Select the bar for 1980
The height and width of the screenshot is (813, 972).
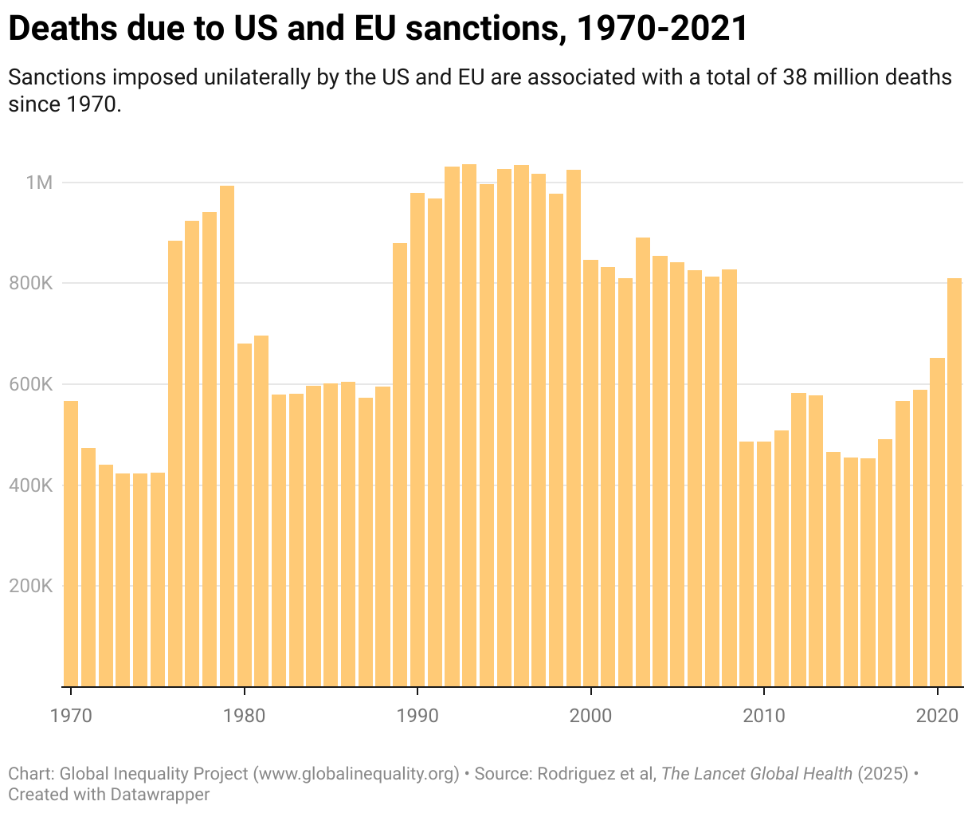click(245, 515)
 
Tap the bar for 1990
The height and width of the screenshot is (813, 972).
click(417, 439)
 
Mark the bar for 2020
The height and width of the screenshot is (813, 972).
click(937, 522)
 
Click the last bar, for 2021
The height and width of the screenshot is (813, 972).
click(954, 482)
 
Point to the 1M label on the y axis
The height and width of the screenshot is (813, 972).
click(38, 183)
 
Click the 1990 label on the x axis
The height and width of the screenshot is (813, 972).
click(417, 715)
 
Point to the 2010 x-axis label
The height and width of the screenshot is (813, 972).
click(764, 715)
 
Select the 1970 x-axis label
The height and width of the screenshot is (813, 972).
click(71, 715)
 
